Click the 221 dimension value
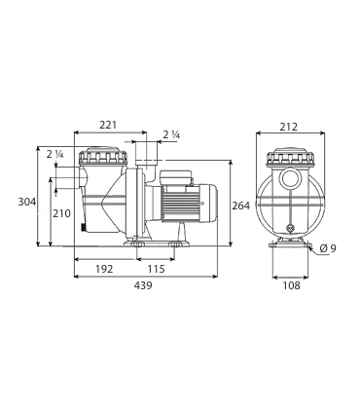[x=108, y=125]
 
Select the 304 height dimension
[x=27, y=202]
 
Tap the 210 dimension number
[x=61, y=213]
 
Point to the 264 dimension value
[x=241, y=206]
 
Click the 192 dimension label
[x=104, y=269]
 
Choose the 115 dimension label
[x=157, y=269]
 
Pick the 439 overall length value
[x=143, y=285]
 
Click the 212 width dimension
[x=289, y=127]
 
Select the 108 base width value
[x=292, y=285]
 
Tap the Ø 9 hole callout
[x=328, y=248]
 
